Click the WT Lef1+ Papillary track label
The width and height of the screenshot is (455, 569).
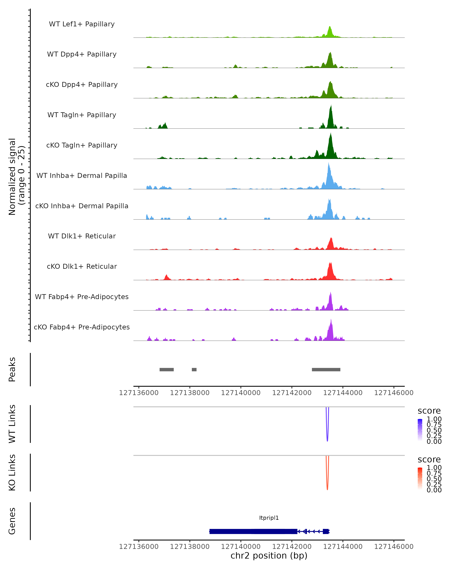[82, 24]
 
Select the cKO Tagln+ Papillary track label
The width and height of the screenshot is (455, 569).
[82, 145]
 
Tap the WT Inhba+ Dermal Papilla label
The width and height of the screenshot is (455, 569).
[82, 175]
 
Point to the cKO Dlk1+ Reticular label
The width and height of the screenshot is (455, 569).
[82, 266]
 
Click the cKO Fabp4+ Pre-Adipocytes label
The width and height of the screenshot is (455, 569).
[82, 327]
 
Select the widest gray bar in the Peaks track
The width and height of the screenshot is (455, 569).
[326, 369]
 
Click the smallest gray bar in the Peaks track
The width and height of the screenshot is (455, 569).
[194, 369]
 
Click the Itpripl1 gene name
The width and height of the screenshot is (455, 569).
[269, 518]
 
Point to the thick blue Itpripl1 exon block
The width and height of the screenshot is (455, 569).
[253, 531]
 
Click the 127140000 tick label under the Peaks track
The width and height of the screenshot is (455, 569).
[241, 393]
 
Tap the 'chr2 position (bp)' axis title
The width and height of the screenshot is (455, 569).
[269, 556]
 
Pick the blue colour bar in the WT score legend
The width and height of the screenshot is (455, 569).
[420, 430]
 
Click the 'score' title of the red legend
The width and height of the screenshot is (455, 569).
[429, 460]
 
